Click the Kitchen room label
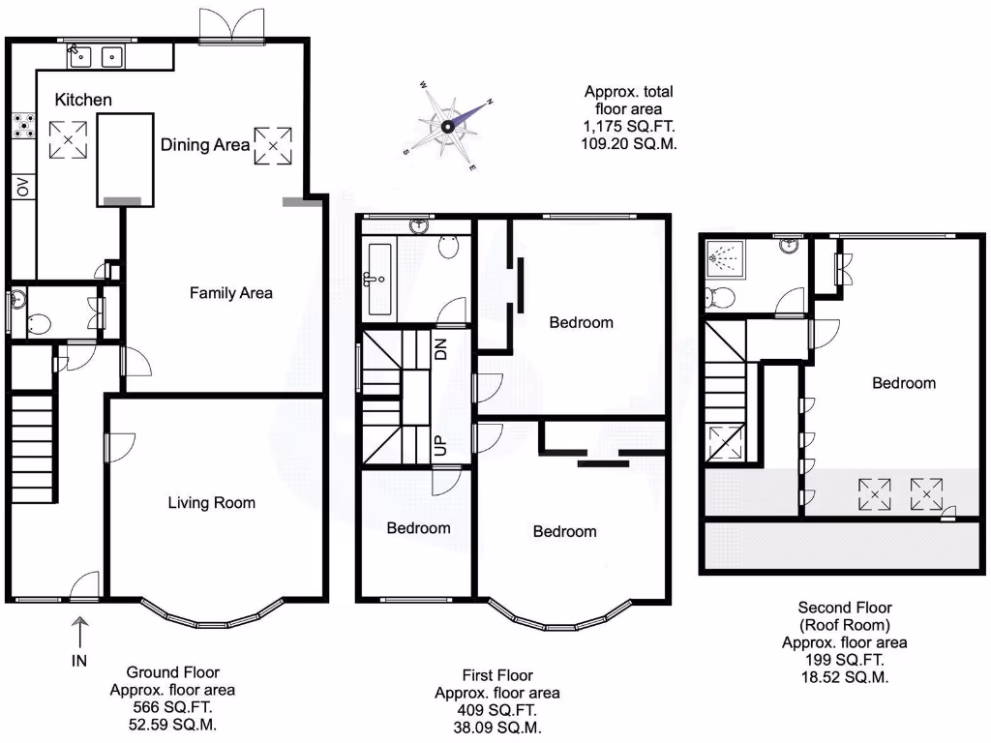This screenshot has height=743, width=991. pyautogui.click(x=82, y=100)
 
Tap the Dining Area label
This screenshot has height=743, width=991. pyautogui.click(x=204, y=145)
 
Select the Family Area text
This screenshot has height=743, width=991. pyautogui.click(x=230, y=292)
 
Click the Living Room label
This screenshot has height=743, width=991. pyautogui.click(x=211, y=502)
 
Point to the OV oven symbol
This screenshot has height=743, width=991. pyautogui.click(x=22, y=187)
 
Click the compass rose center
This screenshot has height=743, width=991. pyautogui.click(x=448, y=127)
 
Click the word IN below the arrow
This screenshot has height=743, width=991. pyautogui.click(x=80, y=661)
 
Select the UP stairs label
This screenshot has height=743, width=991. pyautogui.click(x=440, y=446)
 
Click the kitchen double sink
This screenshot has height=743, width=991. pyautogui.click(x=96, y=57)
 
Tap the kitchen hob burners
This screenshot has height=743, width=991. pyautogui.click(x=22, y=126)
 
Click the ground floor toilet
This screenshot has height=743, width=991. pyautogui.click(x=39, y=323)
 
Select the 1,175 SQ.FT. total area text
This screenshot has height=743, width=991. pyautogui.click(x=628, y=126)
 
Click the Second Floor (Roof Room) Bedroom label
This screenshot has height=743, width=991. pyautogui.click(x=904, y=383)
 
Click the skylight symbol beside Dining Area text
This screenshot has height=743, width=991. pyautogui.click(x=272, y=145)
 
